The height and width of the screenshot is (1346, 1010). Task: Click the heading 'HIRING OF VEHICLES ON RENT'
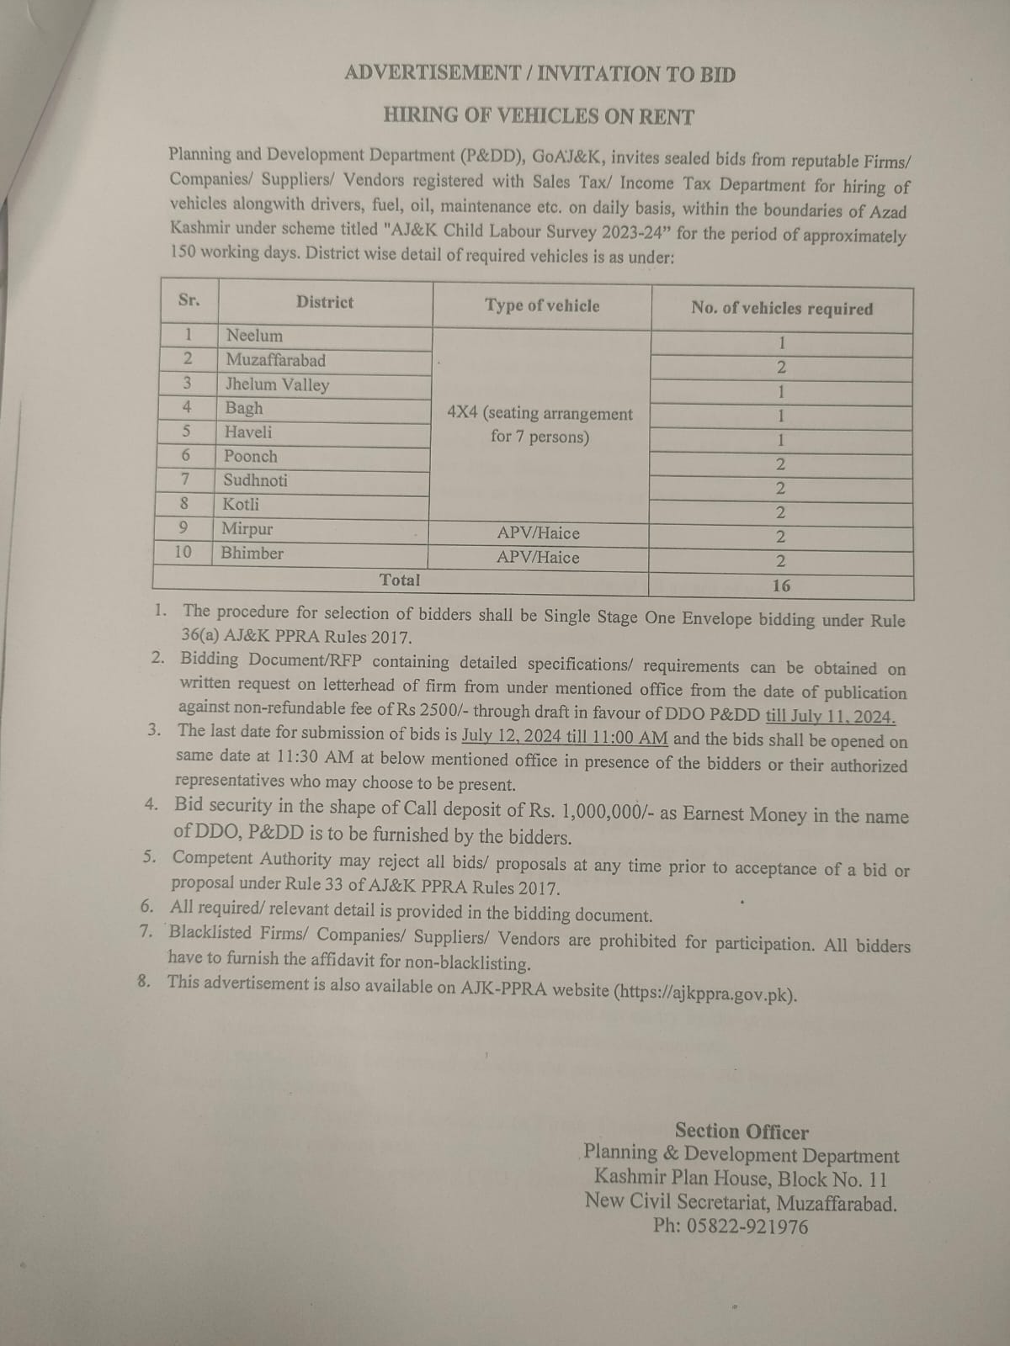click(x=539, y=116)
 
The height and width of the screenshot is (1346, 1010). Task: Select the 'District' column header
click(x=324, y=302)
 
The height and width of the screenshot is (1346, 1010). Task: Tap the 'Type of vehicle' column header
click(x=542, y=305)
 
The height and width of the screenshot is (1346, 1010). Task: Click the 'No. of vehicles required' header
click(x=782, y=308)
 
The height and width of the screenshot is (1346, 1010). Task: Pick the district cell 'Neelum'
click(x=254, y=336)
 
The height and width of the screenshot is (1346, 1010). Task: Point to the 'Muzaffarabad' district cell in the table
click(x=275, y=360)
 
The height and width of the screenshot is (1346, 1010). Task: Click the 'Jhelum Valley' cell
click(x=277, y=384)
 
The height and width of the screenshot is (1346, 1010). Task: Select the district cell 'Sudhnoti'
click(x=255, y=480)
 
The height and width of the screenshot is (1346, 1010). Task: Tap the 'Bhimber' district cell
click(x=252, y=553)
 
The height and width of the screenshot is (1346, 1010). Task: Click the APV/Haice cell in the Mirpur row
click(x=538, y=533)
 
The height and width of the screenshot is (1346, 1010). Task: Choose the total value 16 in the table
click(x=781, y=586)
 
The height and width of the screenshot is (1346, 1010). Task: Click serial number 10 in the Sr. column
click(x=183, y=552)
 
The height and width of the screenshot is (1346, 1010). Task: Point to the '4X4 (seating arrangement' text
click(x=540, y=413)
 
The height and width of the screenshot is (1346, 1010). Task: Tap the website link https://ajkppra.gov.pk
click(x=705, y=992)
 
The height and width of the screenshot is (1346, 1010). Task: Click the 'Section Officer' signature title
click(x=742, y=1131)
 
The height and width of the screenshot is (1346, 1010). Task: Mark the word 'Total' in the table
click(x=400, y=580)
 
